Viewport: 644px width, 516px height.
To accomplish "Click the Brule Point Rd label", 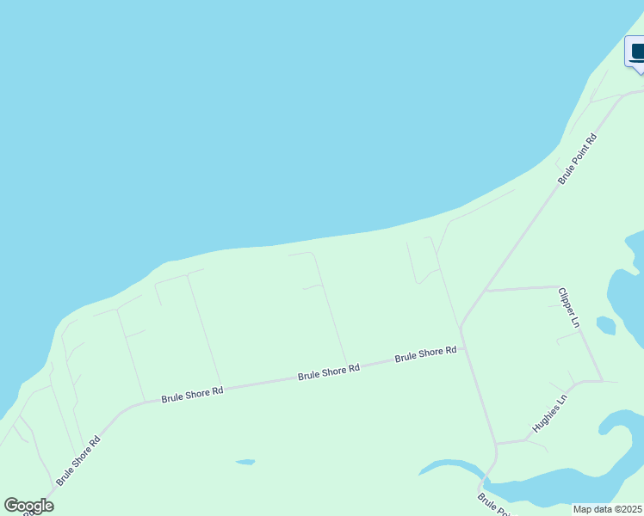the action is pyautogui.click(x=578, y=159).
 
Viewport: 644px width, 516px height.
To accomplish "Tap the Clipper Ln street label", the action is pyautogui.click(x=569, y=307).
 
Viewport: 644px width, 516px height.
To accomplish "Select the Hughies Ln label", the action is pyautogui.click(x=550, y=413).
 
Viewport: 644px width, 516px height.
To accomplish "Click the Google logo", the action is pyautogui.click(x=28, y=506).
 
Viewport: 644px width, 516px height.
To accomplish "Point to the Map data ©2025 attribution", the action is pyautogui.click(x=608, y=509).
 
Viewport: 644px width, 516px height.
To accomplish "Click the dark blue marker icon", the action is pyautogui.click(x=636, y=52).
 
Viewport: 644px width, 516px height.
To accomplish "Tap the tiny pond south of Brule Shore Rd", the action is pyautogui.click(x=245, y=462).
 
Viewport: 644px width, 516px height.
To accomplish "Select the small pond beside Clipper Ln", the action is pyautogui.click(x=606, y=325).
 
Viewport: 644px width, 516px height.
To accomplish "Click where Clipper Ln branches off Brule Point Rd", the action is pyautogui.click(x=485, y=291).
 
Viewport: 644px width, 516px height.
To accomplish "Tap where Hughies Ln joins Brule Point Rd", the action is pyautogui.click(x=497, y=444).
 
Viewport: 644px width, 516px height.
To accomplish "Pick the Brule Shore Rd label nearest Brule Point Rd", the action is pyautogui.click(x=425, y=353).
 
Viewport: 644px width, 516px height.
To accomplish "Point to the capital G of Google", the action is pyautogui.click(x=11, y=506).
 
